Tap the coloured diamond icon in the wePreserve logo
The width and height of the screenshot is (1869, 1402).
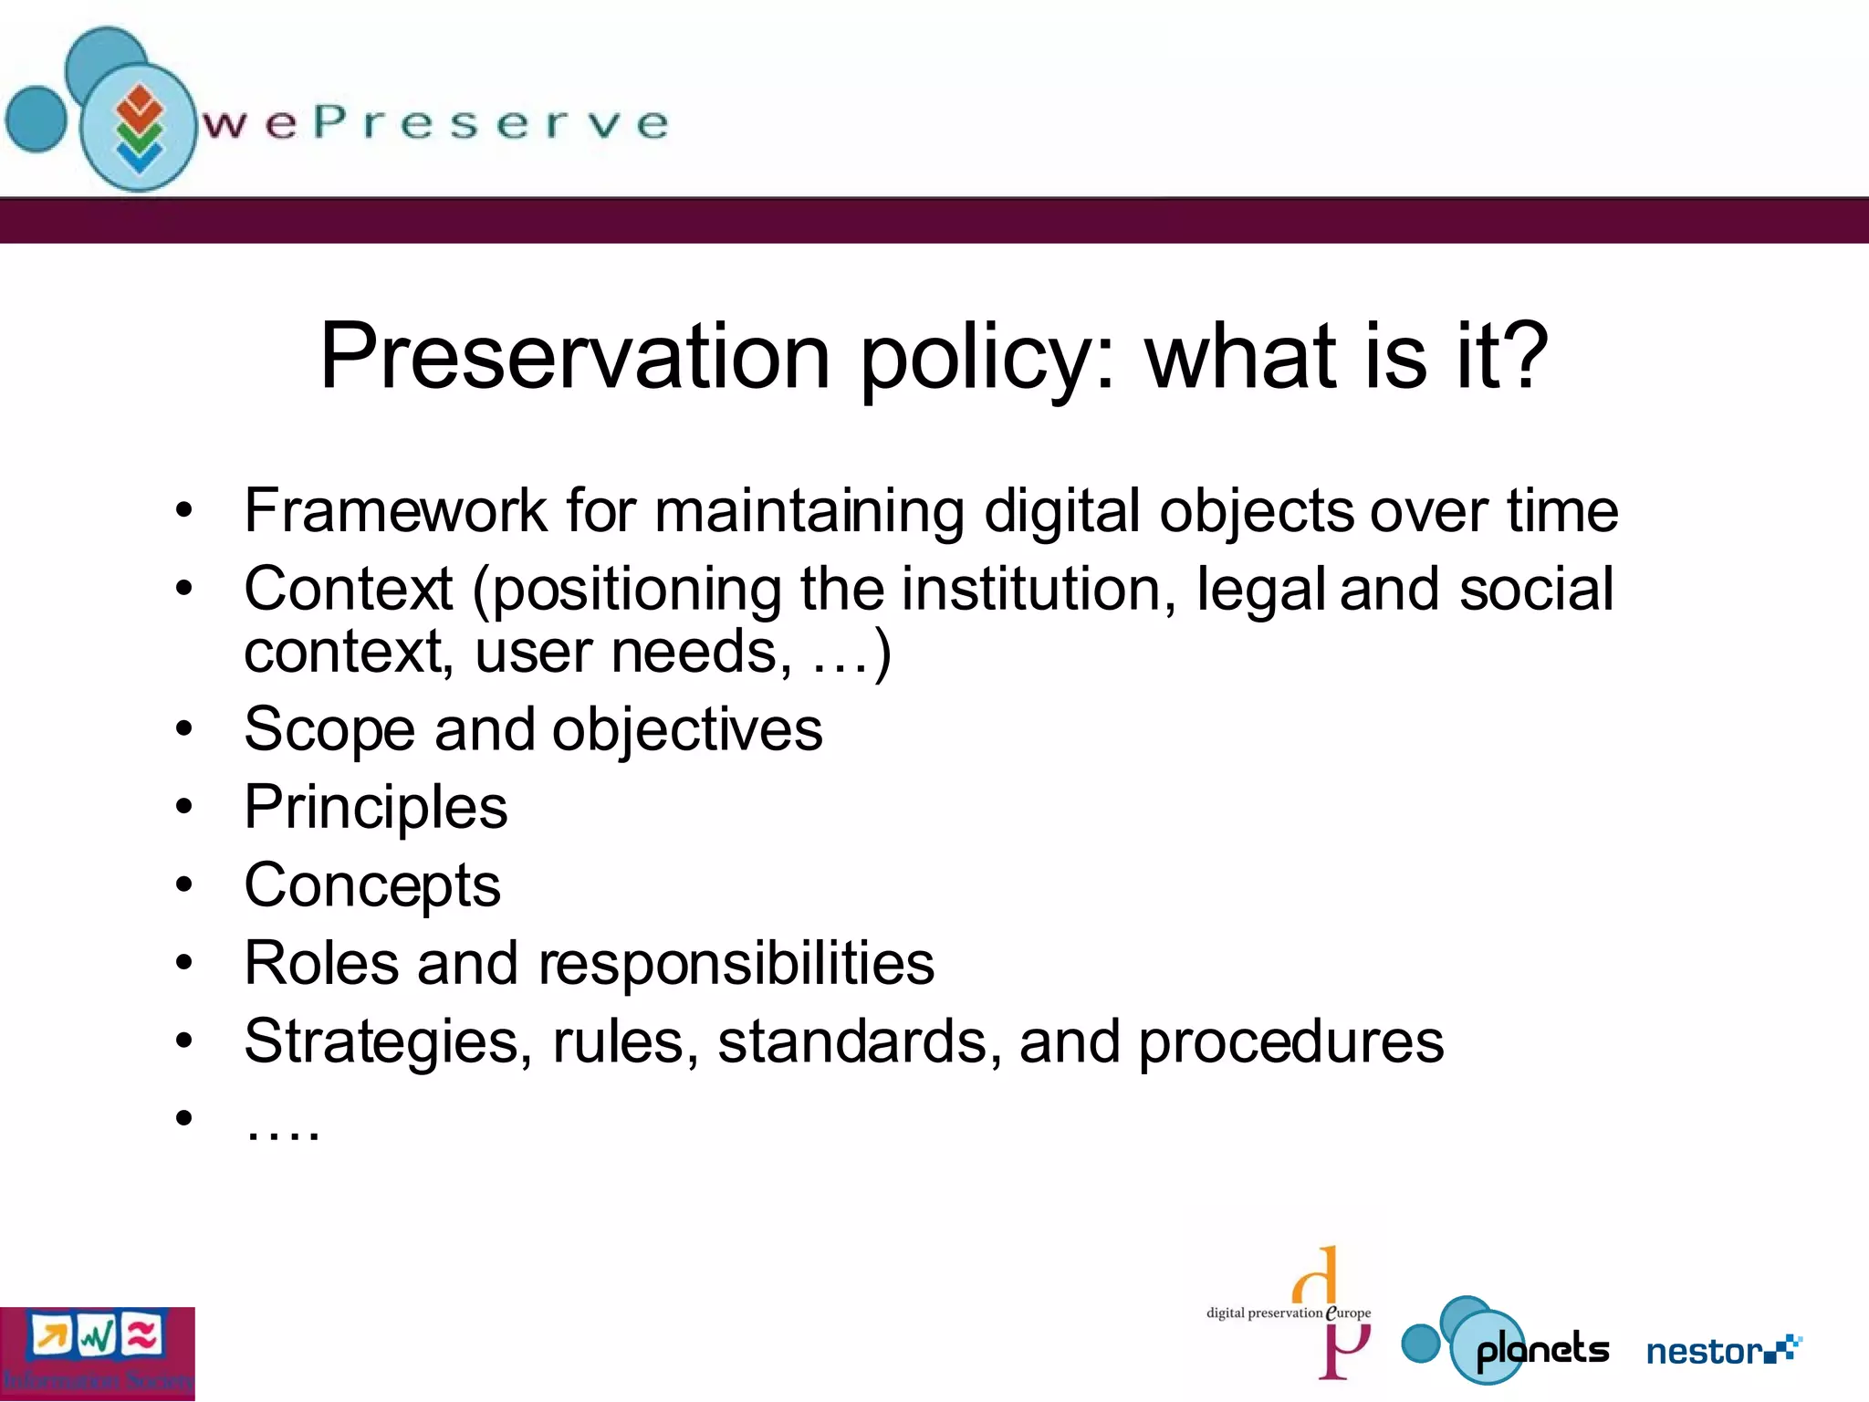(139, 128)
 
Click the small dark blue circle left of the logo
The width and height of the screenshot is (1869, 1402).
(37, 119)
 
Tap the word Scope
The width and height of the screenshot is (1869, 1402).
(329, 730)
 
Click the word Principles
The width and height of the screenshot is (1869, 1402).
(375, 808)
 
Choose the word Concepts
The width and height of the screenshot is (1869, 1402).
(372, 885)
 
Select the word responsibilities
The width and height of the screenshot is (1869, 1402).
(736, 963)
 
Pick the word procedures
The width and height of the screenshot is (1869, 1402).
(1290, 1041)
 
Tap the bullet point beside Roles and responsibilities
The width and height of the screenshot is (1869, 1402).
(184, 963)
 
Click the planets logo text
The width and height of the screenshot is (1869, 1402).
(1542, 1350)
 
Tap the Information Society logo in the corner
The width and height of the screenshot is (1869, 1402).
(97, 1354)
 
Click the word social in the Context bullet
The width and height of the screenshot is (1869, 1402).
(1536, 589)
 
